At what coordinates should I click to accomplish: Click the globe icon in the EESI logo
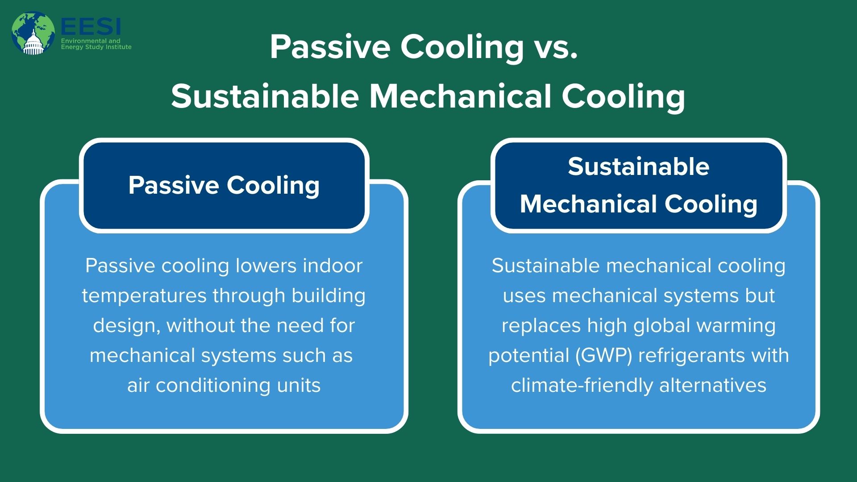click(33, 33)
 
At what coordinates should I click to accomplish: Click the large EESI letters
click(91, 27)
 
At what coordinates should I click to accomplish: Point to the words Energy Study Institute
click(96, 47)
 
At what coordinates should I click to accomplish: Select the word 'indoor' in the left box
click(333, 266)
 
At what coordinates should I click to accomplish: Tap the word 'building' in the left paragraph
click(329, 296)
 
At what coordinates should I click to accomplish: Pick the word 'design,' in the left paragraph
click(127, 326)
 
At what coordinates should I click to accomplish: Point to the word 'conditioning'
click(213, 386)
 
